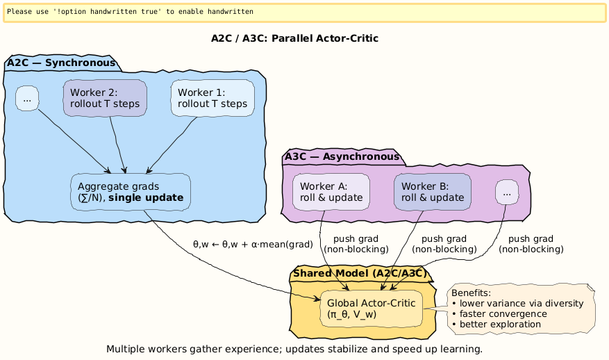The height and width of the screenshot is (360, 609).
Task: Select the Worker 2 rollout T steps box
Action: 105,98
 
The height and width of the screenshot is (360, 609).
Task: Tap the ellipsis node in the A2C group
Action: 26,98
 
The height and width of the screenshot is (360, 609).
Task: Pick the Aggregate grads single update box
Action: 131,193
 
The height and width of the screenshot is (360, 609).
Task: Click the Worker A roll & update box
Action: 331,191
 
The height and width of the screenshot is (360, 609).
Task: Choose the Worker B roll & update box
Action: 433,191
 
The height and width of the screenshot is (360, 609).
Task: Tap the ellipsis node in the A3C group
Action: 507,192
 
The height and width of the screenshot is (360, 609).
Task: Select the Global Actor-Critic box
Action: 371,309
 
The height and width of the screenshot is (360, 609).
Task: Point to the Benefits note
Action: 522,309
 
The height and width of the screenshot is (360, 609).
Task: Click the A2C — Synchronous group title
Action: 61,63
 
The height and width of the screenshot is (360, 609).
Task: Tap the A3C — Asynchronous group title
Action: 342,156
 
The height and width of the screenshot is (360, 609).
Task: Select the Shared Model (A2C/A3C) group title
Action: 359,273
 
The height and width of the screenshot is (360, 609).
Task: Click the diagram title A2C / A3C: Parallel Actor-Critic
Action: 294,38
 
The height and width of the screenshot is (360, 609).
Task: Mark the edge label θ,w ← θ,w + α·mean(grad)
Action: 253,245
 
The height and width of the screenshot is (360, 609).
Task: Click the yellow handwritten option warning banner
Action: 304,13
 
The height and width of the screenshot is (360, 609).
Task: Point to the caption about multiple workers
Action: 294,348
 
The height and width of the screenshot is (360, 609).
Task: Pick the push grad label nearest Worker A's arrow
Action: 356,244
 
